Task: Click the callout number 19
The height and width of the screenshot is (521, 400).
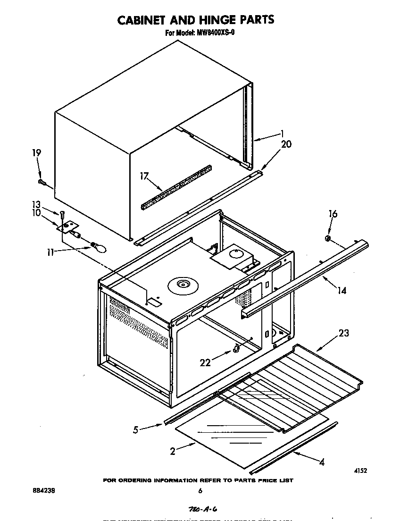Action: click(36, 153)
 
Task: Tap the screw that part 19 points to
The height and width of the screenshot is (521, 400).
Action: click(42, 182)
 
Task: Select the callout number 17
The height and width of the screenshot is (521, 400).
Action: click(144, 176)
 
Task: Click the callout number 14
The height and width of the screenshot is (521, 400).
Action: click(342, 291)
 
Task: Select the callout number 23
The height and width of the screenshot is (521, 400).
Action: click(344, 333)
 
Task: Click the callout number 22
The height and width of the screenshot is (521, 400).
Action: click(206, 362)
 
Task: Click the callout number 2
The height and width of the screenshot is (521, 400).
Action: click(173, 452)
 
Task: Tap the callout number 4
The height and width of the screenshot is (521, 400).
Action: click(321, 462)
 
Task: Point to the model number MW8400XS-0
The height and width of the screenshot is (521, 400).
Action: click(213, 33)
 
